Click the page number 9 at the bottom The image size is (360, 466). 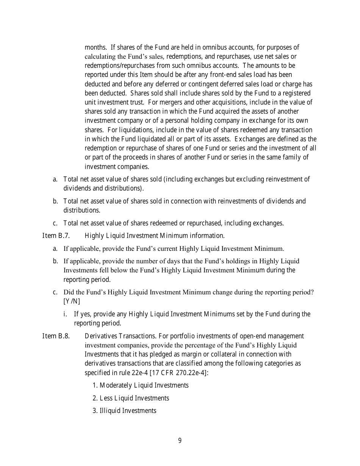pyautogui.click(x=180, y=441)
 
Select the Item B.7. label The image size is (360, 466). pyautogui.click(x=56, y=236)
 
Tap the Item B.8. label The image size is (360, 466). pyautogui.click(x=56, y=336)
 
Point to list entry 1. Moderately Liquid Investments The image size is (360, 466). pyautogui.click(x=141, y=385)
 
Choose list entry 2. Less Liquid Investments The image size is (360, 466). pyautogui.click(x=131, y=398)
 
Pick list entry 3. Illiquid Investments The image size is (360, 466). pyautogui.click(x=124, y=411)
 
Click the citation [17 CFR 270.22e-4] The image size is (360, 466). pyautogui.click(x=178, y=372)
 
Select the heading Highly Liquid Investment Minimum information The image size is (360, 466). pyautogui.click(x=155, y=236)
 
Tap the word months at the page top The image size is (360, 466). pyautogui.click(x=95, y=47)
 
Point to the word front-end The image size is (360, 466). pyautogui.click(x=211, y=75)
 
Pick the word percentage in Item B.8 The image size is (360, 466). pyautogui.click(x=207, y=345)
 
